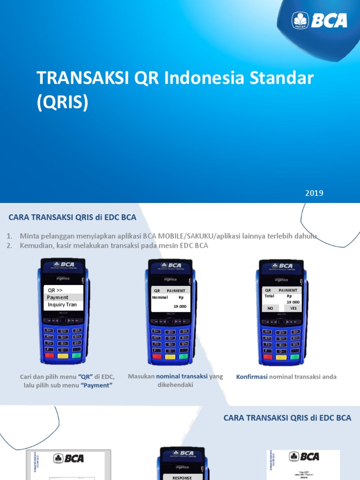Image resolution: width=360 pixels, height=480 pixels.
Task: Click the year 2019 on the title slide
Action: (x=314, y=193)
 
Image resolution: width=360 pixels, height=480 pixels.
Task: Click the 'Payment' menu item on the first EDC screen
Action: (x=58, y=297)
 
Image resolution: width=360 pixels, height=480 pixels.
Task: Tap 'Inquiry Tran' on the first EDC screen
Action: (x=62, y=305)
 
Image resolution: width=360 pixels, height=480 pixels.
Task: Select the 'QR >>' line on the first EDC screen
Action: (x=55, y=290)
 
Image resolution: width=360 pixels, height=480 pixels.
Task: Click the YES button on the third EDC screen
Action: (x=293, y=308)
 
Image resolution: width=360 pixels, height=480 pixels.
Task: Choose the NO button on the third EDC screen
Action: (x=270, y=308)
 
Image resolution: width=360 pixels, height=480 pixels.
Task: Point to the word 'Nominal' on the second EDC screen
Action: (x=160, y=297)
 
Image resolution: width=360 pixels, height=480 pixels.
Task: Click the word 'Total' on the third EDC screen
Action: (x=269, y=296)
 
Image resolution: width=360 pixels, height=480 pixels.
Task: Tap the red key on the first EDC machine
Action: (x=48, y=356)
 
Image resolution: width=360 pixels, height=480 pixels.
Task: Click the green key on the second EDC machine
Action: (x=183, y=356)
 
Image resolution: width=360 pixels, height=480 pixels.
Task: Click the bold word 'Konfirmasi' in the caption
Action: (x=252, y=376)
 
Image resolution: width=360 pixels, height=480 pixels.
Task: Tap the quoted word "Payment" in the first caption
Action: (x=97, y=385)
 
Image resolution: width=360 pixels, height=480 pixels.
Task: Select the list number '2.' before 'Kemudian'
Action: (x=9, y=246)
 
